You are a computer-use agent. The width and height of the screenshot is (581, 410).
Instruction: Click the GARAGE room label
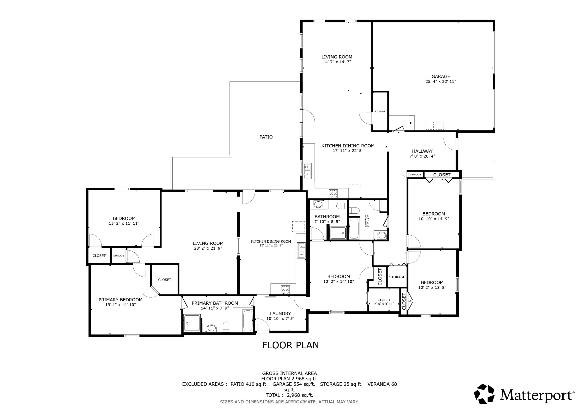[x=441, y=76]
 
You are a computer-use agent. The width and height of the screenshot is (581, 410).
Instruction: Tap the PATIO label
[x=266, y=137]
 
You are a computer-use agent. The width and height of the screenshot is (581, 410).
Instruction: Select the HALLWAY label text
[x=422, y=151]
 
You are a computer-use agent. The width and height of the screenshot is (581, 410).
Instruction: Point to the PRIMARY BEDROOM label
[x=120, y=300]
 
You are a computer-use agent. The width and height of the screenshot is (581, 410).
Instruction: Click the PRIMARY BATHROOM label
[x=215, y=303]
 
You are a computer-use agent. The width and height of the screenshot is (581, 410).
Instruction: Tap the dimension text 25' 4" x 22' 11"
[x=441, y=81]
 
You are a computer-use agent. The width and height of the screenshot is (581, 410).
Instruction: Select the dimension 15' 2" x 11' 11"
[x=124, y=223]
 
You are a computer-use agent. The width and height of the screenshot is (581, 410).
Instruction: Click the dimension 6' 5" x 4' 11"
[x=384, y=304]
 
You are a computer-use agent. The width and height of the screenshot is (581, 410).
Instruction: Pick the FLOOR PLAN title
[x=290, y=345]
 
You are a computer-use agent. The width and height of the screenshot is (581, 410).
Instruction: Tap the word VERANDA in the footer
[x=379, y=384]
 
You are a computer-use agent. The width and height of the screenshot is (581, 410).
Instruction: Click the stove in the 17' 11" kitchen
[x=333, y=193]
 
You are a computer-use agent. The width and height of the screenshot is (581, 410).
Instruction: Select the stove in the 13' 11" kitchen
[x=285, y=290]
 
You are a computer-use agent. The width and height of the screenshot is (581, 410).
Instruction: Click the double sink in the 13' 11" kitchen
[x=302, y=250]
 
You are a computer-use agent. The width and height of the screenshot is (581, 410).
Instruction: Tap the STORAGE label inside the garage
[x=380, y=111]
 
